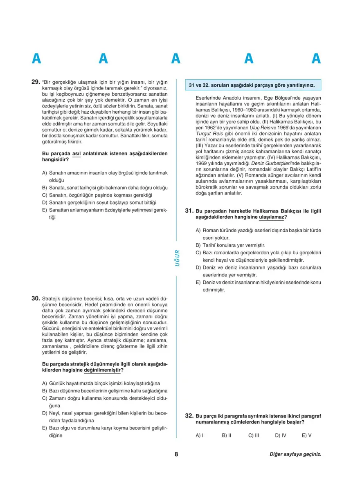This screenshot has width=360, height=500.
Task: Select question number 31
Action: point(189,211)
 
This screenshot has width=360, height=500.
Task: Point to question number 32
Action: point(189,416)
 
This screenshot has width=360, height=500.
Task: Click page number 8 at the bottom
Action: point(176,454)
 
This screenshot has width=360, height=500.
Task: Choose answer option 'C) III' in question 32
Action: point(254,435)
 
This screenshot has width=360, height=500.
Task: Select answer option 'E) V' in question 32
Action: point(306,435)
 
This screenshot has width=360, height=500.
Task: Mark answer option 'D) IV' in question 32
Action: point(280,435)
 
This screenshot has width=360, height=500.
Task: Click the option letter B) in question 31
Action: point(198,245)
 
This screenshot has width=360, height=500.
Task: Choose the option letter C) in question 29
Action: point(45,195)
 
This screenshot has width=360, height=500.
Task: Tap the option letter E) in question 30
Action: point(45,428)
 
